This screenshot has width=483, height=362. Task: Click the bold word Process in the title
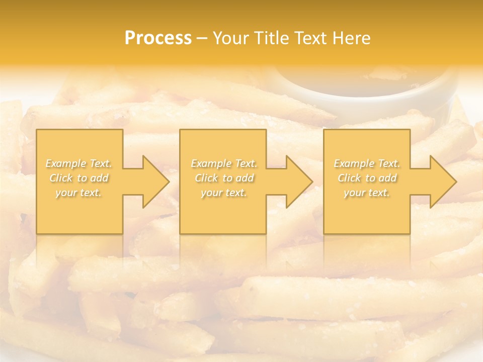(158, 38)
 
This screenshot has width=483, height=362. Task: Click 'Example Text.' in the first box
(79, 163)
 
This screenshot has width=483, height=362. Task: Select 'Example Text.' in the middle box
(224, 163)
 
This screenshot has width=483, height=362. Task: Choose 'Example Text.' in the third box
(367, 163)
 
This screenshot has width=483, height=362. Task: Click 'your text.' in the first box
(78, 193)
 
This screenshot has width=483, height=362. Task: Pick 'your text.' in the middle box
(224, 193)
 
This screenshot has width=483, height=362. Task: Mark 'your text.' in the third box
(367, 193)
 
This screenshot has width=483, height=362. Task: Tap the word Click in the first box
(61, 178)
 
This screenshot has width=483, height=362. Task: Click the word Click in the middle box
(206, 178)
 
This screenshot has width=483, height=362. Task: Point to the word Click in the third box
(349, 178)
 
